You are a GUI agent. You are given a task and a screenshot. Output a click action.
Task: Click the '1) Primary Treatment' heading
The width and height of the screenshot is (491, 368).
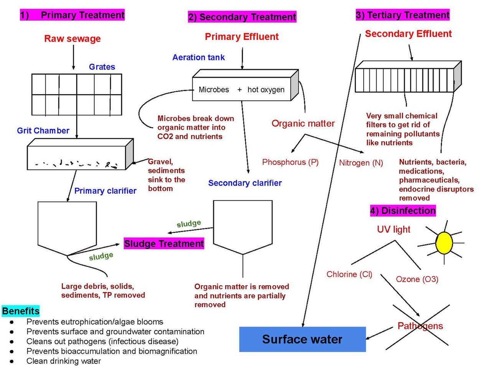click(x=72, y=15)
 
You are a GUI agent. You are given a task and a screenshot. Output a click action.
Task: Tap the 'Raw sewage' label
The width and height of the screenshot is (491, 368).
click(x=72, y=39)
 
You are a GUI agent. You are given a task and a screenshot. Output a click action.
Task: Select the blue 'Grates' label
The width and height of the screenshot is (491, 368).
click(x=102, y=67)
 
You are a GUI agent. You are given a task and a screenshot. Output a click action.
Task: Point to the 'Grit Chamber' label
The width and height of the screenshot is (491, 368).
click(x=43, y=130)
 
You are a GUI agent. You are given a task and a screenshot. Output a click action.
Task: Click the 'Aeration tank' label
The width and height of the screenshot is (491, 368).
click(x=198, y=58)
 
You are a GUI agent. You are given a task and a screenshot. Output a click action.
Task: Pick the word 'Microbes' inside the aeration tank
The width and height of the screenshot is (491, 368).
click(x=214, y=90)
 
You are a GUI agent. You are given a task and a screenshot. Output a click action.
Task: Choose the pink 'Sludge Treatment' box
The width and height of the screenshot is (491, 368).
click(x=164, y=243)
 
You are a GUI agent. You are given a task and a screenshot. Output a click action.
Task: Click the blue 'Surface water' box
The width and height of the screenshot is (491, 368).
click(x=302, y=339)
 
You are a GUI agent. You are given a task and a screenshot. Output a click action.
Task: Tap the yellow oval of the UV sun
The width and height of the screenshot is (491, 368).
click(x=444, y=243)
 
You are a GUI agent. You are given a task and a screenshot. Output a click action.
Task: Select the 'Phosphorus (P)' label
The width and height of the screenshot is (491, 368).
click(x=290, y=162)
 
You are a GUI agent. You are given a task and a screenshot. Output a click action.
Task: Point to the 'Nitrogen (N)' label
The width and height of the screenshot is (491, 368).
click(x=361, y=163)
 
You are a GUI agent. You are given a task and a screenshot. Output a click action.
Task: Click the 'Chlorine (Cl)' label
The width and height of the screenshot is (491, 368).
click(x=349, y=274)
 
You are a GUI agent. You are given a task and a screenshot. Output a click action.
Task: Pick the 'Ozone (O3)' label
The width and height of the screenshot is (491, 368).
click(x=417, y=279)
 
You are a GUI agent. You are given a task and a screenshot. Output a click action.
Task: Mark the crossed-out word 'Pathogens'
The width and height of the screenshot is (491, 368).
click(x=420, y=326)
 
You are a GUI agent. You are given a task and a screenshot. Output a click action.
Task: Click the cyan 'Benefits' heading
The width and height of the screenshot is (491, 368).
click(x=21, y=311)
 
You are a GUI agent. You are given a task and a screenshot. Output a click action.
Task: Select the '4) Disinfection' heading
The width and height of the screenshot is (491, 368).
click(x=403, y=211)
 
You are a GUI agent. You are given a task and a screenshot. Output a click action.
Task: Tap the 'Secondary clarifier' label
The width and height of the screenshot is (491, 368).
click(x=245, y=183)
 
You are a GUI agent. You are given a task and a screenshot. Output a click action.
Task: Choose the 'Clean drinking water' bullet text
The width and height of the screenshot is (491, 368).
click(x=64, y=361)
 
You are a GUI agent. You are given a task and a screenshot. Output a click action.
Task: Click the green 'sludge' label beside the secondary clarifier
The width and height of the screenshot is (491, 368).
click(x=189, y=223)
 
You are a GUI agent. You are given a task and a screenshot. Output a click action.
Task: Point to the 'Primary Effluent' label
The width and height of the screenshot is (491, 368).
click(x=242, y=37)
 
